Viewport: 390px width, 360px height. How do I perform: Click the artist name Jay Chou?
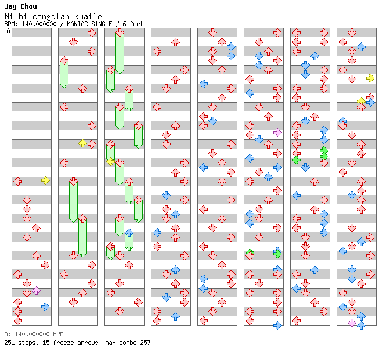[20, 6]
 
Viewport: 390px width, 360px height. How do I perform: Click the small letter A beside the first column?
[9, 31]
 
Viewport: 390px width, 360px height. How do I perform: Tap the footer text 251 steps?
[20, 343]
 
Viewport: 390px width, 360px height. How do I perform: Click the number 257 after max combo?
[145, 343]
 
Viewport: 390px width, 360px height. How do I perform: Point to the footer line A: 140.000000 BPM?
[34, 334]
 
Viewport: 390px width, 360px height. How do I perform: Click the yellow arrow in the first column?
[45, 181]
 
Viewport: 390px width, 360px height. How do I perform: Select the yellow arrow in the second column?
[82, 143]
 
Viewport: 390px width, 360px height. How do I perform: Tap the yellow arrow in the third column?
[110, 161]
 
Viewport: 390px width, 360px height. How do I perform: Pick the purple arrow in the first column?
[36, 290]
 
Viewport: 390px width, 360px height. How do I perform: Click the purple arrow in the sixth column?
[277, 132]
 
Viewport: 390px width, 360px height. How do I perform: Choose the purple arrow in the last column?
[352, 323]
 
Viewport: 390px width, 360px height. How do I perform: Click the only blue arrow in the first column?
[45, 307]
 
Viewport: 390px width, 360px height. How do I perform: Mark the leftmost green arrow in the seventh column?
[296, 159]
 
